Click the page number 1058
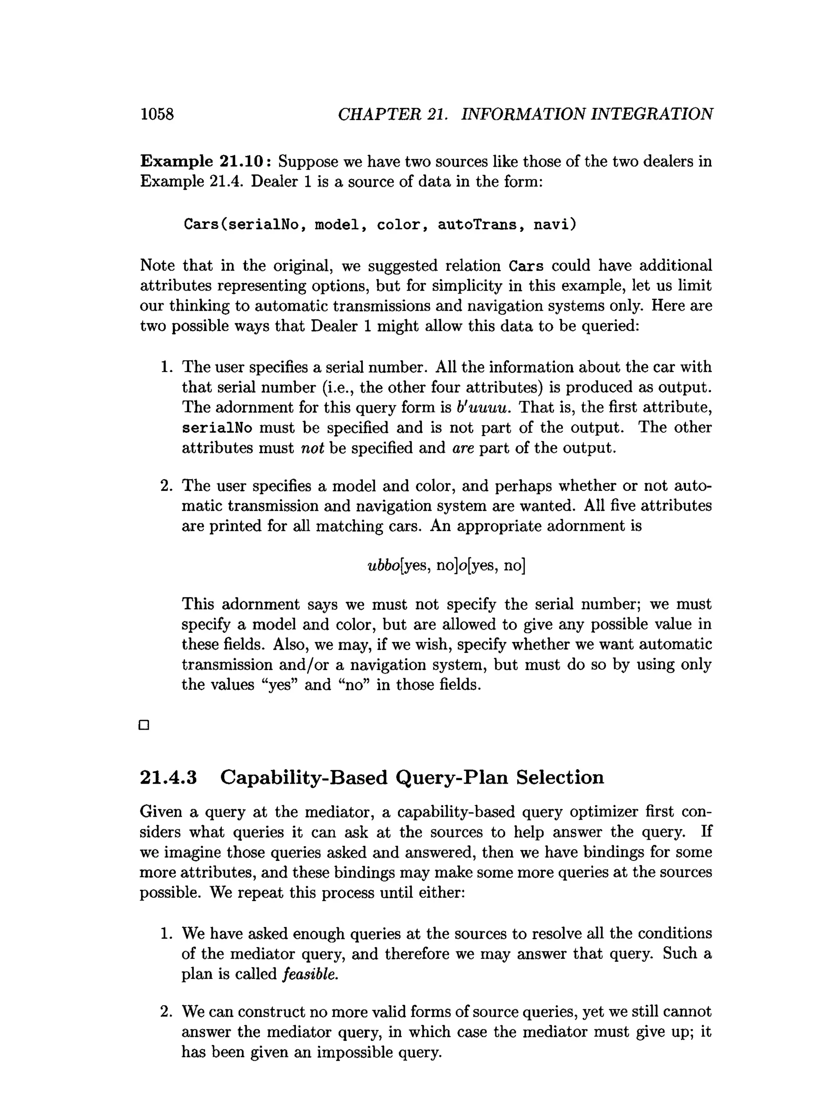click(x=157, y=114)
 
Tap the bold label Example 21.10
click(x=206, y=161)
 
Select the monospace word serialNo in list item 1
click(x=217, y=428)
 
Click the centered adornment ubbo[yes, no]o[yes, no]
click(x=446, y=565)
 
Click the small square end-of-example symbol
click(x=144, y=725)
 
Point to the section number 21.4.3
click(x=168, y=777)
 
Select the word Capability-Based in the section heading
click(x=304, y=777)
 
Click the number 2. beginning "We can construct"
click(x=166, y=1012)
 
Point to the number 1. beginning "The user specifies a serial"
click(x=166, y=367)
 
